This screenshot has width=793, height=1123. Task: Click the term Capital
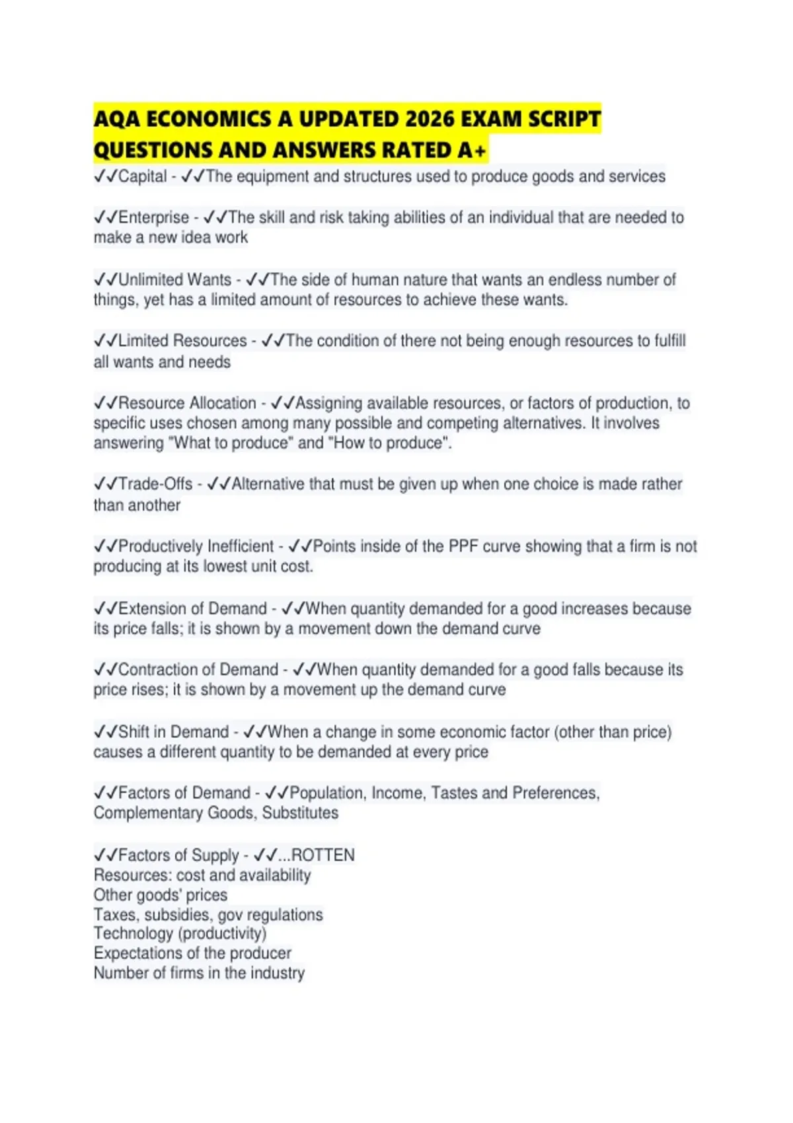[x=142, y=176]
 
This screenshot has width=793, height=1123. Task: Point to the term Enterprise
[x=153, y=217]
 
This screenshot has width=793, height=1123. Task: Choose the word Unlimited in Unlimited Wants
[x=150, y=279]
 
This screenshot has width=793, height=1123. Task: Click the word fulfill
[x=669, y=341]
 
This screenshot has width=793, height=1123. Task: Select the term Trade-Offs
[x=155, y=484]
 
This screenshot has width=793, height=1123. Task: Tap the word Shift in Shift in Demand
[x=133, y=732]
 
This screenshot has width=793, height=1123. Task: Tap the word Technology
[x=133, y=933]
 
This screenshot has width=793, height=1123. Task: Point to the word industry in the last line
[x=282, y=973]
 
